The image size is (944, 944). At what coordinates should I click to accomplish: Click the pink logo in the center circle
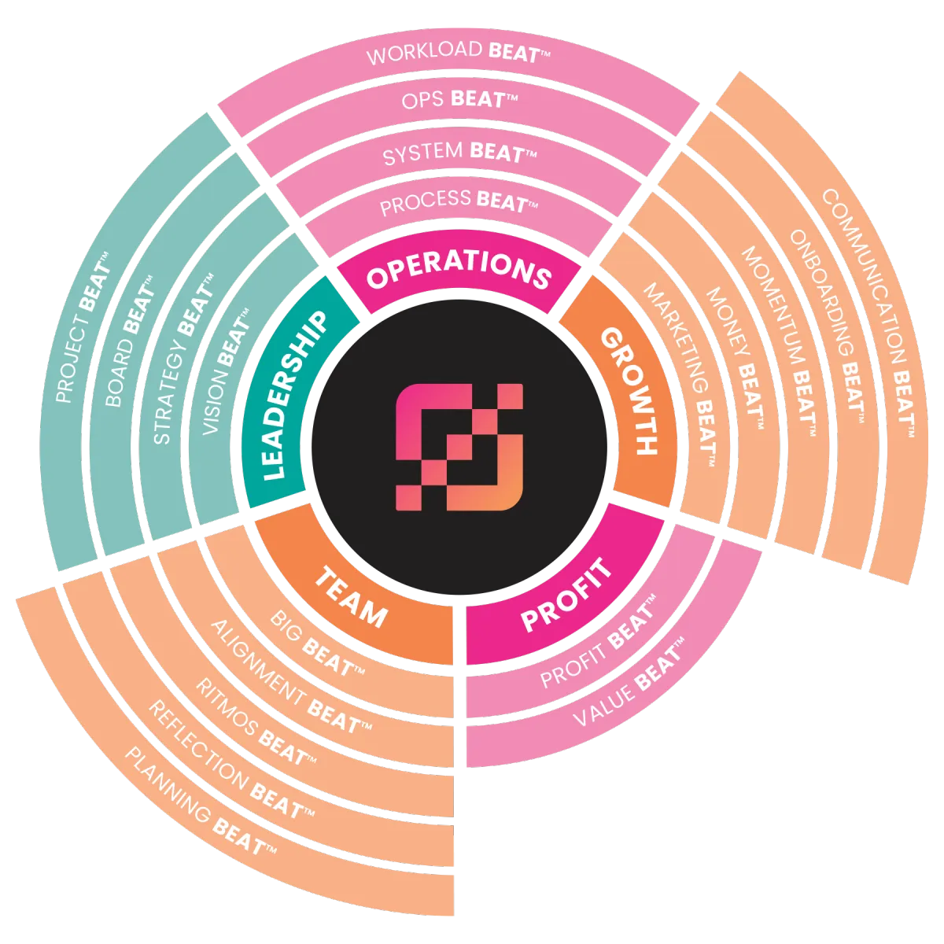pos(459,447)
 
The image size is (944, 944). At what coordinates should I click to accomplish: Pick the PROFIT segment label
pos(566,593)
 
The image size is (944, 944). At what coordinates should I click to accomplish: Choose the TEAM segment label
pos(351,597)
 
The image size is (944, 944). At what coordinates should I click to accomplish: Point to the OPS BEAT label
pos(459,100)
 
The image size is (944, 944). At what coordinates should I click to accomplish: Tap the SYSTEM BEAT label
pos(459,153)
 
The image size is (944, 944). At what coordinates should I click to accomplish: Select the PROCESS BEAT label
pos(459,204)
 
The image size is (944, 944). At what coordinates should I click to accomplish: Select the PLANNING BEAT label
pos(201,802)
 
